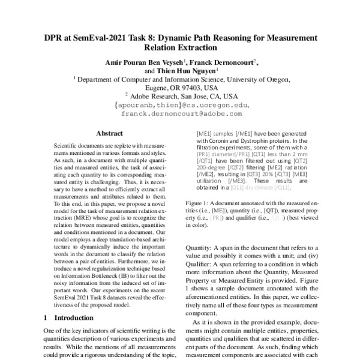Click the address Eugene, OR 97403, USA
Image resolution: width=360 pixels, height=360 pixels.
coord(179,87)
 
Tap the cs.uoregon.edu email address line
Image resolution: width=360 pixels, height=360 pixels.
coord(180,104)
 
